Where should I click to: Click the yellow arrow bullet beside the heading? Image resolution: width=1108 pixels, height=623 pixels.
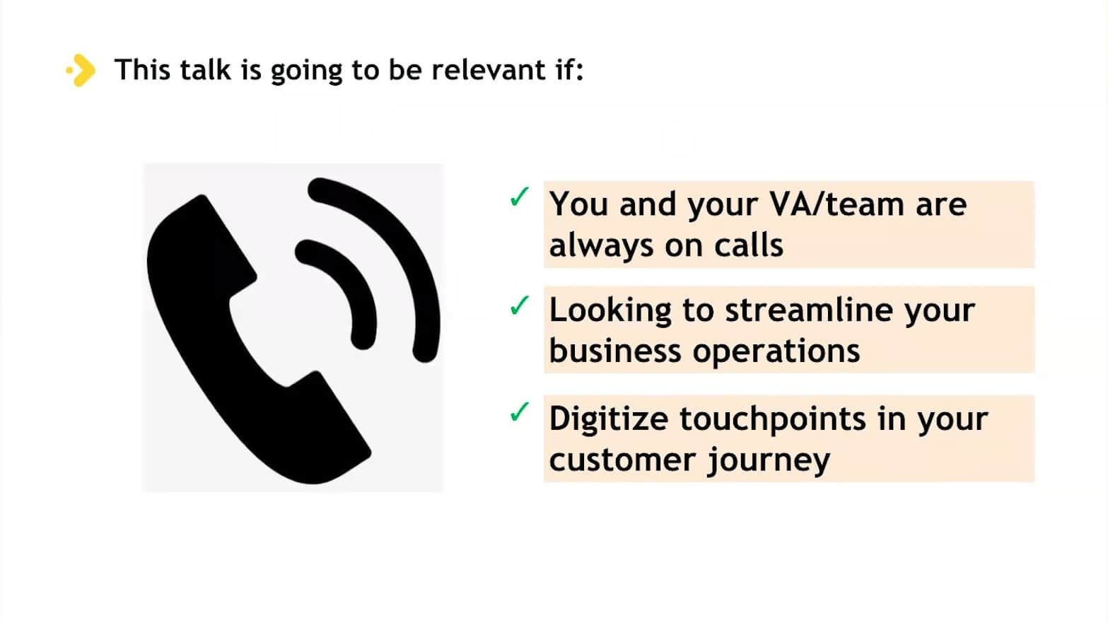click(x=81, y=70)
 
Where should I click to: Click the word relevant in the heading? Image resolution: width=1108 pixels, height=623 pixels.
click(x=489, y=69)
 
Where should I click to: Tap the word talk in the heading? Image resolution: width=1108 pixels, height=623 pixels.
click(x=205, y=69)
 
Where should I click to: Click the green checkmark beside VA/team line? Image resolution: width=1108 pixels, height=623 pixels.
click(x=520, y=197)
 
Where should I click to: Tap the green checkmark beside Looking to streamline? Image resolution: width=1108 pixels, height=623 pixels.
click(x=520, y=305)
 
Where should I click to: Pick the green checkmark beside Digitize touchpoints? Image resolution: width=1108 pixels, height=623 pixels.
click(x=520, y=412)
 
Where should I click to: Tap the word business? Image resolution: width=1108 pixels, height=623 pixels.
click(x=615, y=350)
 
